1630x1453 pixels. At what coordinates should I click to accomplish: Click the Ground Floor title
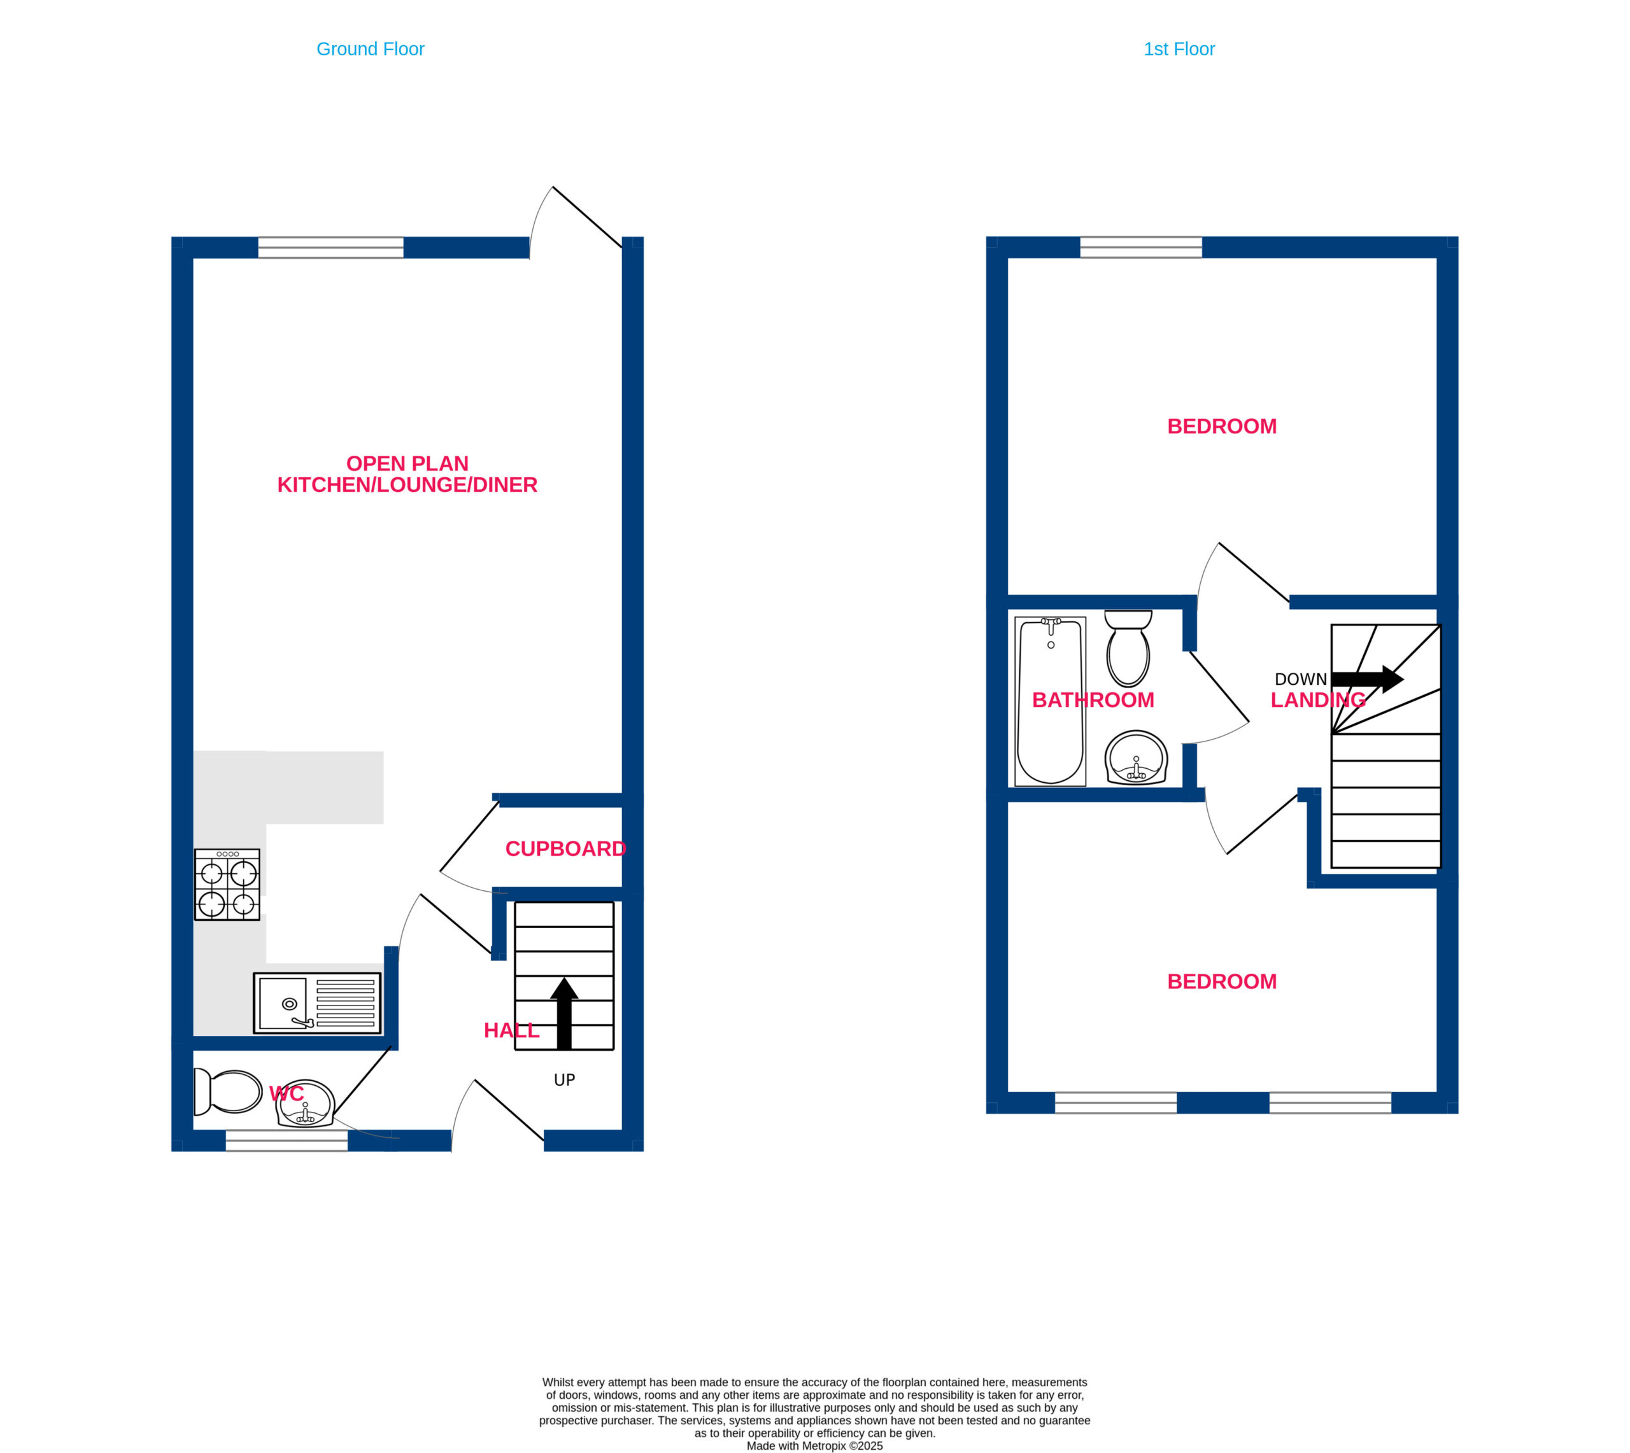371,50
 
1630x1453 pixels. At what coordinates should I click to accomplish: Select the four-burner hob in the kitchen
227,885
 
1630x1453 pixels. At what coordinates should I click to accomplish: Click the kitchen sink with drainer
317,1003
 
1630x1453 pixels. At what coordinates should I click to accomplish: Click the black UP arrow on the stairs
564,1013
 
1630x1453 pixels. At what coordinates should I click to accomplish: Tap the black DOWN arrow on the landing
1367,679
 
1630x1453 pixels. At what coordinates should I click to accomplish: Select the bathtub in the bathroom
1050,701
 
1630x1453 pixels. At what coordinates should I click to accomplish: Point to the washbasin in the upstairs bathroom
1136,757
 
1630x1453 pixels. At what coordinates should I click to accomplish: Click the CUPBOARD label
565,848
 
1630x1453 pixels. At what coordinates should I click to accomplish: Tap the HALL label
511,1030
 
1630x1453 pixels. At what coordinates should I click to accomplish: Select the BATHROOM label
1093,700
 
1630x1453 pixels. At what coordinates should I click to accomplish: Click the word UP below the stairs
565,1080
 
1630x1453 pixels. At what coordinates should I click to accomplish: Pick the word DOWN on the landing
1300,679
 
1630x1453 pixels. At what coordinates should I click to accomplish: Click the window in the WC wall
287,1140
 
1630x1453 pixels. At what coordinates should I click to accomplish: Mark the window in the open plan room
330,248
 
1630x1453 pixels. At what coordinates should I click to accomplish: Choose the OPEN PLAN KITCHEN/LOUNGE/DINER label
407,474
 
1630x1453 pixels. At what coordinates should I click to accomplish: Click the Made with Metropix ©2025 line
814,1446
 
